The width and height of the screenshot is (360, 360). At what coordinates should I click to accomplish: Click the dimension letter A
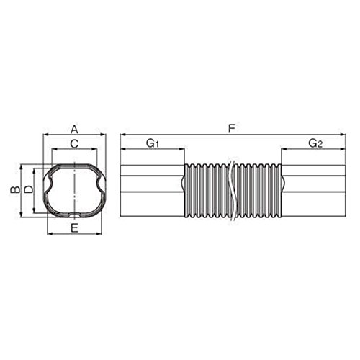[x=75, y=130]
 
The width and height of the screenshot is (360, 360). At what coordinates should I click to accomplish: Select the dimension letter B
[x=15, y=189]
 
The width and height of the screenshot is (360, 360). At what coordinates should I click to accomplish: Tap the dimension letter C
[x=74, y=144]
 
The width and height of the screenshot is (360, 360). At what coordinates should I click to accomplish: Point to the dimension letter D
[x=29, y=189]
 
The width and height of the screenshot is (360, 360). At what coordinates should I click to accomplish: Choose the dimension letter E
[x=75, y=228]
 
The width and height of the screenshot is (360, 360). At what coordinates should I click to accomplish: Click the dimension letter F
[x=231, y=129]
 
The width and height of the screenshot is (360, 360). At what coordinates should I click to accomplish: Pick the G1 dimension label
[x=153, y=143]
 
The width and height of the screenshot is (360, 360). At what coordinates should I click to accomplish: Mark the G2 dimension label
[x=315, y=143]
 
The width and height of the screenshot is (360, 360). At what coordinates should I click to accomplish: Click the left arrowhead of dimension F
[x=123, y=135]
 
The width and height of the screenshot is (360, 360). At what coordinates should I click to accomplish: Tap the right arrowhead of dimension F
[x=343, y=135]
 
